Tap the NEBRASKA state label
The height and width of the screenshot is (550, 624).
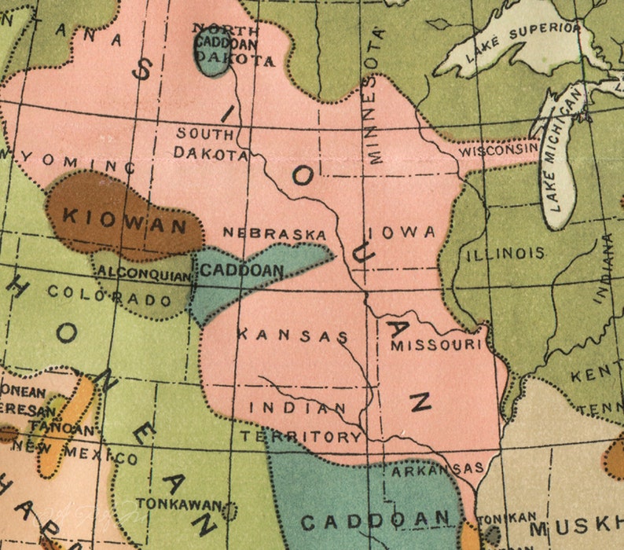(273, 233)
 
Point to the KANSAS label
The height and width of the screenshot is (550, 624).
(292, 335)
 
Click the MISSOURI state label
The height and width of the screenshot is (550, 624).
(435, 344)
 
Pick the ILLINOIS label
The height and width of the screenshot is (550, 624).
(505, 254)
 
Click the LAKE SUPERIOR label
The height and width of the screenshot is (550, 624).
(523, 41)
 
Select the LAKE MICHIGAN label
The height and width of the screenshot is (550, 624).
(564, 149)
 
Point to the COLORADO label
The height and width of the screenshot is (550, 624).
(109, 296)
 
